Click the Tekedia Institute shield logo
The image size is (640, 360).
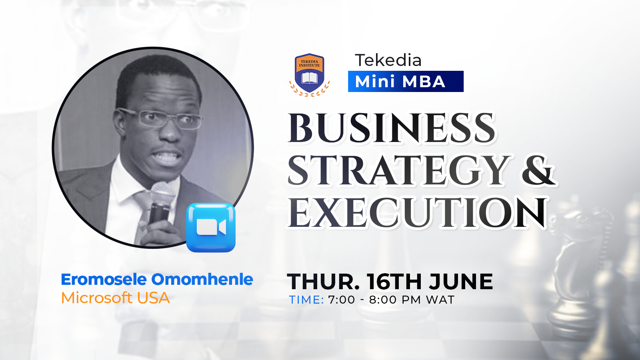click(310, 75)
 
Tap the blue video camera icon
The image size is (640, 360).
click(211, 228)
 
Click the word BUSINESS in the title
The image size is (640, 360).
click(392, 128)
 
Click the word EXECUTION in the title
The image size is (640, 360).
click(417, 212)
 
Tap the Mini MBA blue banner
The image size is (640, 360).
click(406, 82)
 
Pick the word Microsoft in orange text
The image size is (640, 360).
click(96, 298)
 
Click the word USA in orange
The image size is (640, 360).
click(154, 298)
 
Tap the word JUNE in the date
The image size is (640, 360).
click(460, 282)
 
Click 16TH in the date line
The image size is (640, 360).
click(394, 282)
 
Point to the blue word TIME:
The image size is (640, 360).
click(306, 300)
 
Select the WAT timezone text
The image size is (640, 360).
click(440, 300)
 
